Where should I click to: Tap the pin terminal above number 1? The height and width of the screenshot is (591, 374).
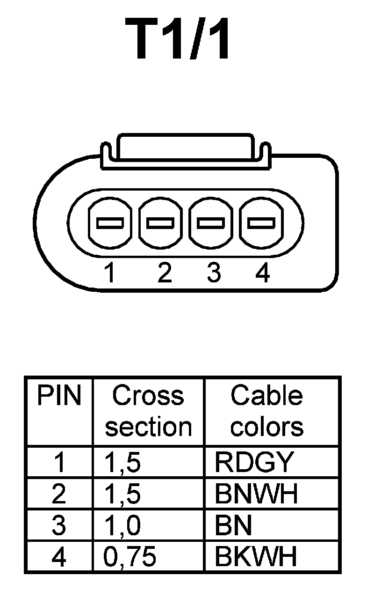tap(109, 222)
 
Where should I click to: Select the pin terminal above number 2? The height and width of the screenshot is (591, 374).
tap(161, 222)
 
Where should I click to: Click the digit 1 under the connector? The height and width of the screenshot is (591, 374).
tap(109, 273)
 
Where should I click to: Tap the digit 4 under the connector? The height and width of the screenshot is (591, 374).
tap(262, 273)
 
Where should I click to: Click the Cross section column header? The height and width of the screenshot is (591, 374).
tap(148, 411)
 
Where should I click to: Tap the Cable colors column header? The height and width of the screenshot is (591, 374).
tap(267, 411)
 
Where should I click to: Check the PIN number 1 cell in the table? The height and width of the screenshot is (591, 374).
tap(59, 463)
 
